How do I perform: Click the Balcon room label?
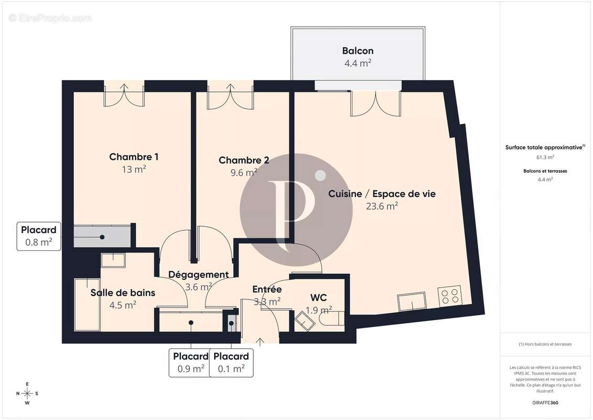pyautogui.click(x=358, y=51)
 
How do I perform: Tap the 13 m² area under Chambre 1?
pyautogui.click(x=134, y=169)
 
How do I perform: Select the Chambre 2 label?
pyautogui.click(x=244, y=160)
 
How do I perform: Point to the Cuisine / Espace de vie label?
pyautogui.click(x=382, y=194)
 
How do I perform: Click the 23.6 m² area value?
pyautogui.click(x=382, y=206)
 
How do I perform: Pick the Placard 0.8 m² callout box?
pyautogui.click(x=39, y=236)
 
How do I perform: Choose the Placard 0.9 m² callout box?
pyautogui.click(x=189, y=363)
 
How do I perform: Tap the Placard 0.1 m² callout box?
pyautogui.click(x=231, y=363)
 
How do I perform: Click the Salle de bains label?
pyautogui.click(x=123, y=292)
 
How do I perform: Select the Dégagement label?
pyautogui.click(x=198, y=275)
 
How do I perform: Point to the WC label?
pyautogui.click(x=318, y=298)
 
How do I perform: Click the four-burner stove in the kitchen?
pyautogui.click(x=449, y=296)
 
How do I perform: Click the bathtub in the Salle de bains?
pyautogui.click(x=87, y=304)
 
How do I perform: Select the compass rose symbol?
pyautogui.click(x=27, y=393)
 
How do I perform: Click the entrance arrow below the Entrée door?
pyautogui.click(x=260, y=341)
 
